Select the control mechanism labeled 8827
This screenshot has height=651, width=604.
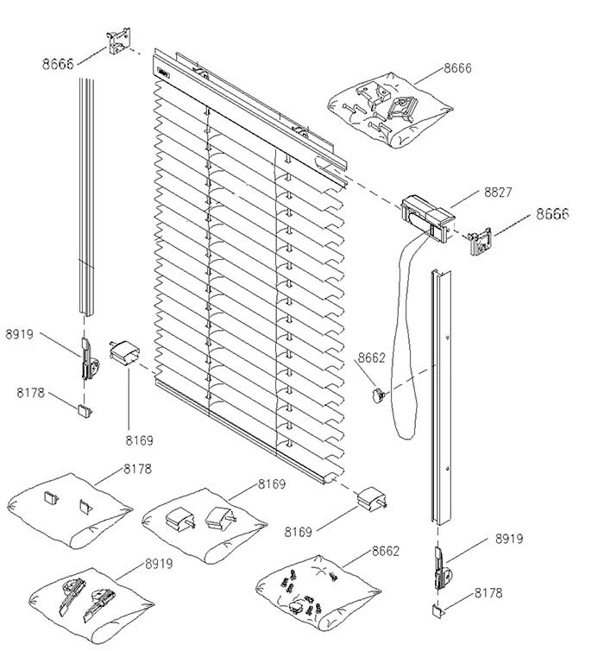(428, 212)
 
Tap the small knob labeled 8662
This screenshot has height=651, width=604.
(377, 395)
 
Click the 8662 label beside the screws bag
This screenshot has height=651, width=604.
(385, 550)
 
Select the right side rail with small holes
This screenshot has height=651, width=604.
(443, 397)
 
